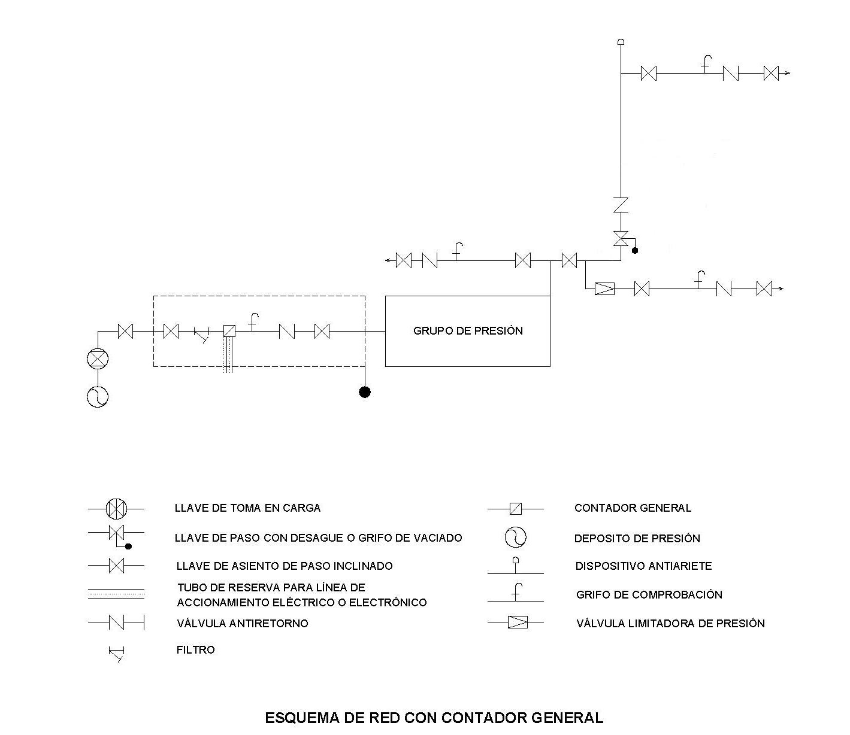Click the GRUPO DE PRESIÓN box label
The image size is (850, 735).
(x=468, y=331)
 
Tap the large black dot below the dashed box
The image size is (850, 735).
(x=365, y=392)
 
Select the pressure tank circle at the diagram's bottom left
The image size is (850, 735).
(x=98, y=397)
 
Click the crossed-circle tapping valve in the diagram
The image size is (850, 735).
(x=98, y=359)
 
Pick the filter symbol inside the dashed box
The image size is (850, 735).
(x=202, y=335)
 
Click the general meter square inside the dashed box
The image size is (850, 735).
(x=229, y=331)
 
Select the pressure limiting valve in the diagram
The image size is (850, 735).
(x=605, y=289)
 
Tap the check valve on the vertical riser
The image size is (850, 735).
(x=621, y=205)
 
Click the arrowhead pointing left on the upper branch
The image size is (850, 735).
(x=388, y=260)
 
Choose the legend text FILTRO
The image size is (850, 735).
(x=196, y=650)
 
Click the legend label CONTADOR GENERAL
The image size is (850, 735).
(x=633, y=508)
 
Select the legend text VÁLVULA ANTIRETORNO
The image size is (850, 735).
(x=243, y=623)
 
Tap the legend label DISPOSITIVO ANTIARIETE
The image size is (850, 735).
(x=643, y=566)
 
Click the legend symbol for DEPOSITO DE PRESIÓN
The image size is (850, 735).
(x=516, y=537)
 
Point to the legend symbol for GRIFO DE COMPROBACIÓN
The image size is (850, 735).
(x=516, y=593)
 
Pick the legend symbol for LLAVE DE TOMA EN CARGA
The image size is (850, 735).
(x=116, y=509)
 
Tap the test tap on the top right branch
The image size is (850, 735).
(x=706, y=65)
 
